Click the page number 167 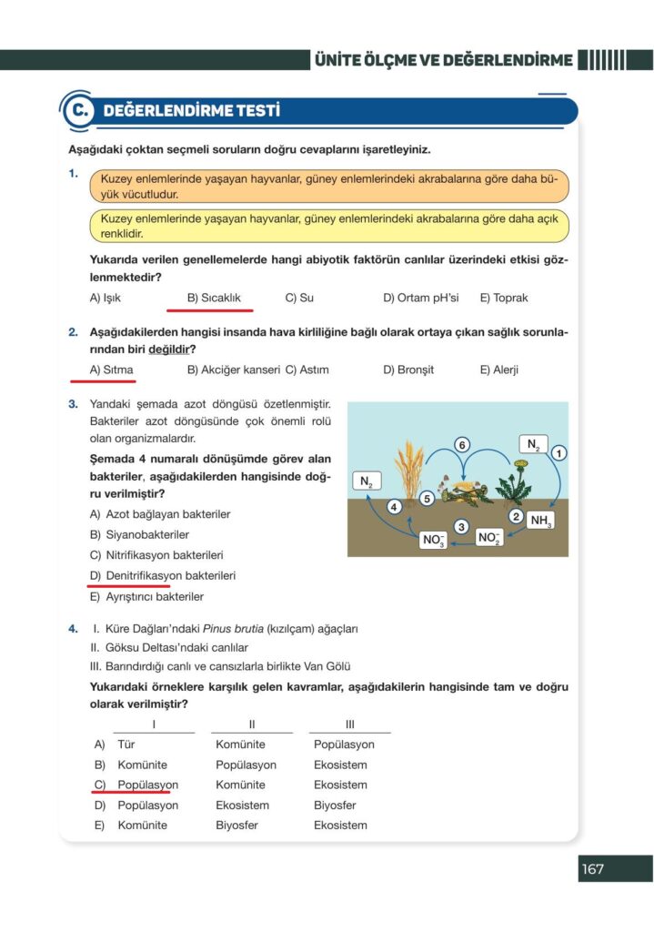[x=593, y=869]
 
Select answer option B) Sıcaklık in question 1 [x=214, y=298]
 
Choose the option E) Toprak [x=504, y=298]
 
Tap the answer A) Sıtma [x=112, y=370]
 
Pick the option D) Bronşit [x=408, y=370]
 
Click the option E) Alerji [x=499, y=370]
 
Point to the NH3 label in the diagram [x=540, y=522]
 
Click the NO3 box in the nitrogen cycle [x=434, y=541]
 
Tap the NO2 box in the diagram [x=489, y=538]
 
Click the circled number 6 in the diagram [x=462, y=445]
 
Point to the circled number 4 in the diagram [x=394, y=507]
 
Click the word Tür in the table [x=127, y=745]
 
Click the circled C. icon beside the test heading [x=78, y=112]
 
